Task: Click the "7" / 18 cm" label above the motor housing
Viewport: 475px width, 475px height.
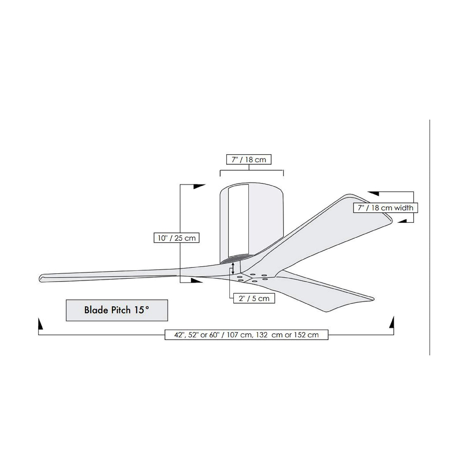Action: [x=249, y=160]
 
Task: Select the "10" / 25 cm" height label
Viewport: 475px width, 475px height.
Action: [x=176, y=238]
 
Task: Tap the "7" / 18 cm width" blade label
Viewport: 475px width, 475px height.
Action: [x=385, y=208]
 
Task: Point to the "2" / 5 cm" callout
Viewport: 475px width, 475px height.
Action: [x=254, y=298]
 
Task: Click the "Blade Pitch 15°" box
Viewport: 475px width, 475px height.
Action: [x=117, y=310]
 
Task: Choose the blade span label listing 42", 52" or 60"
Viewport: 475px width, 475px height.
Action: [x=246, y=335]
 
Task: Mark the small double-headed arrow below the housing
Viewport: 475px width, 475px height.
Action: [x=233, y=268]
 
